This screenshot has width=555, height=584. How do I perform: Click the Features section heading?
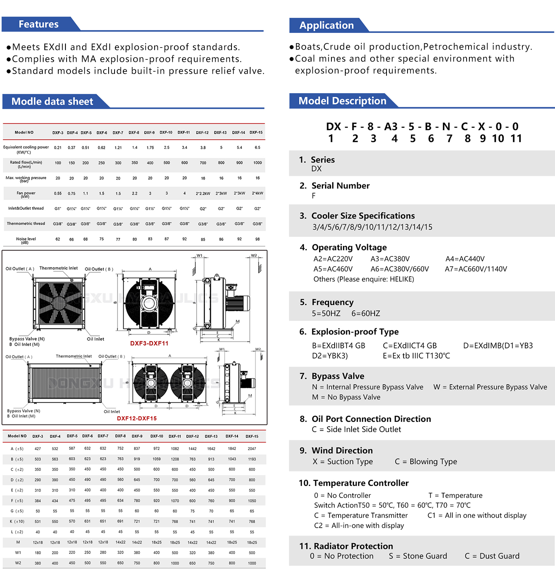[38, 24]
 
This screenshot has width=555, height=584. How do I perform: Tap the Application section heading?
[326, 25]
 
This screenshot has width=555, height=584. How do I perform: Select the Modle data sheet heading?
[52, 101]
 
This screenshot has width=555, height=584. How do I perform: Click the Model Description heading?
[342, 101]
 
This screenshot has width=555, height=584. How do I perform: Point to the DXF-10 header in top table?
[166, 132]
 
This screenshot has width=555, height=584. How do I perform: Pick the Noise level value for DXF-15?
[257, 239]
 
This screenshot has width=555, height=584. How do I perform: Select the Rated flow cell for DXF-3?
[58, 163]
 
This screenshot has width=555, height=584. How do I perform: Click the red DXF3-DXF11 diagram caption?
[149, 343]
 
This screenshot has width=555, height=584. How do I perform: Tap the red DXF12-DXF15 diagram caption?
[137, 418]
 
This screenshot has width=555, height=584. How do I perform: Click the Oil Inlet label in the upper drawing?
[96, 339]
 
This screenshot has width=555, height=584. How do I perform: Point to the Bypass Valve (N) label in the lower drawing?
[24, 411]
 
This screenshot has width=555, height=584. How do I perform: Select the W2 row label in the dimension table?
[18, 563]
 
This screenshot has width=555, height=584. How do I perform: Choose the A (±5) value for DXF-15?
[252, 449]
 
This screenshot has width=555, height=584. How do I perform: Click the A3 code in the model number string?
[390, 126]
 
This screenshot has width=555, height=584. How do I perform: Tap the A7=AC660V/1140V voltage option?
[476, 269]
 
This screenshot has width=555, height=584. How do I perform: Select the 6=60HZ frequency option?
[366, 314]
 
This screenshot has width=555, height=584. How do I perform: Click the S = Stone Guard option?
[418, 556]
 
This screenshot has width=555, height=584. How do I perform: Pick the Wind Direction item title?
[342, 450]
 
